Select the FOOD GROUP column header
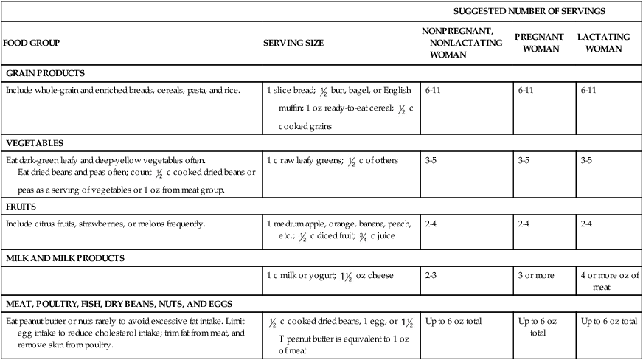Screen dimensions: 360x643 [32, 43]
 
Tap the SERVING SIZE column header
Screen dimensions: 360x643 [293, 43]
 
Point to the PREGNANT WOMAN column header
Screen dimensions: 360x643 [539, 43]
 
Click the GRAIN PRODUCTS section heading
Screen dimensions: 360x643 [46, 73]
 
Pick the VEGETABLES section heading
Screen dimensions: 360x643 [35, 143]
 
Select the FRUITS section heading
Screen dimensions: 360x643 [21, 207]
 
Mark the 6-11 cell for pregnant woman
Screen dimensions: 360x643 [525, 91]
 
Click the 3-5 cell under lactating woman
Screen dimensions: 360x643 [588, 160]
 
